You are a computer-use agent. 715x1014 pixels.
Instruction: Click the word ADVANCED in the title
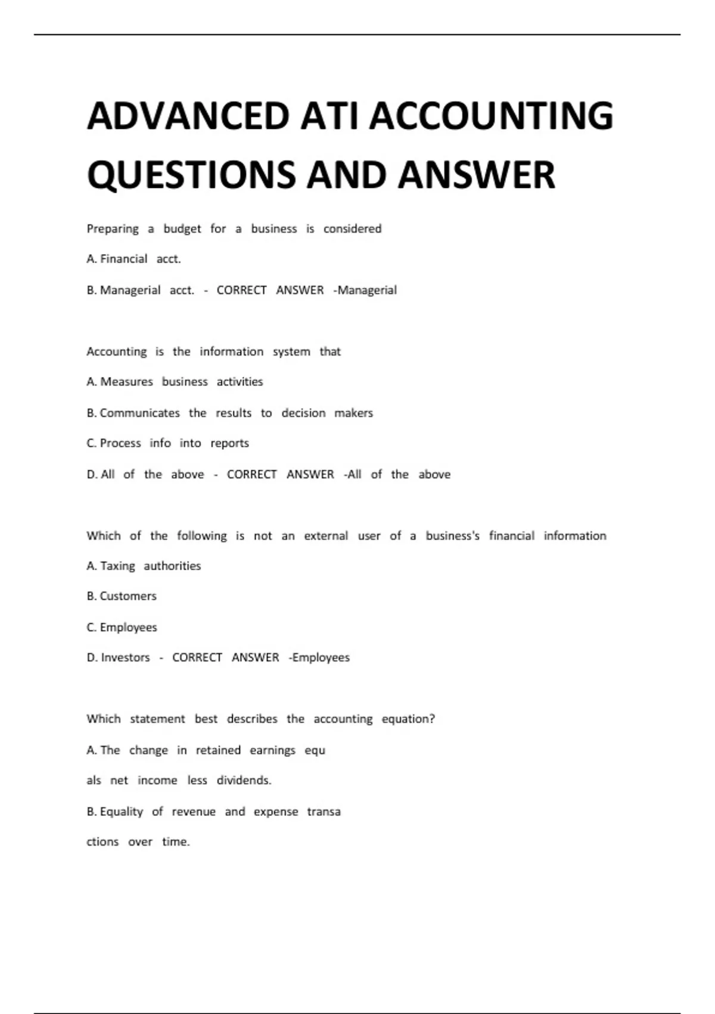[188, 116]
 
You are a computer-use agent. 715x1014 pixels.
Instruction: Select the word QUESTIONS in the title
[192, 175]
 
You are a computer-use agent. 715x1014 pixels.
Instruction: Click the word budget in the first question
[182, 229]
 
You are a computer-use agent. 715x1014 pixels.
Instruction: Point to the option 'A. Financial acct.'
[133, 259]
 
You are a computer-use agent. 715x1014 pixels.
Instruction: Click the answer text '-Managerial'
[365, 290]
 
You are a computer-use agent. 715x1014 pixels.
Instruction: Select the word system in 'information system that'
[291, 352]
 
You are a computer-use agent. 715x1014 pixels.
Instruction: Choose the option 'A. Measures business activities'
[175, 382]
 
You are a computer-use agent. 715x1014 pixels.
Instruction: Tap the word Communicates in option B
[139, 413]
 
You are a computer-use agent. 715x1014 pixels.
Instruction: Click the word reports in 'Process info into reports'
[229, 443]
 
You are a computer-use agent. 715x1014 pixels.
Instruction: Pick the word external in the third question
[326, 536]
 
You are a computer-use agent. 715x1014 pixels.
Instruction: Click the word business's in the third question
[452, 536]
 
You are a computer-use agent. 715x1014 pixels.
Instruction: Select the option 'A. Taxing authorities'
[144, 566]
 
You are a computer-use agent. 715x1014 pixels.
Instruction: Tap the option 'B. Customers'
[122, 596]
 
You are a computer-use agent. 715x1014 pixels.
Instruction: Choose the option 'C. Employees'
[122, 627]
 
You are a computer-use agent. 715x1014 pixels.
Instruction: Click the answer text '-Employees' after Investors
[319, 657]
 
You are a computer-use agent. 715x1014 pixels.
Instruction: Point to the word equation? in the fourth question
[408, 719]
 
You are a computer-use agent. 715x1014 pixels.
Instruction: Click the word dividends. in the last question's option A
[244, 780]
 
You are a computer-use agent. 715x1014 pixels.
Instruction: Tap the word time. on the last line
[176, 842]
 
